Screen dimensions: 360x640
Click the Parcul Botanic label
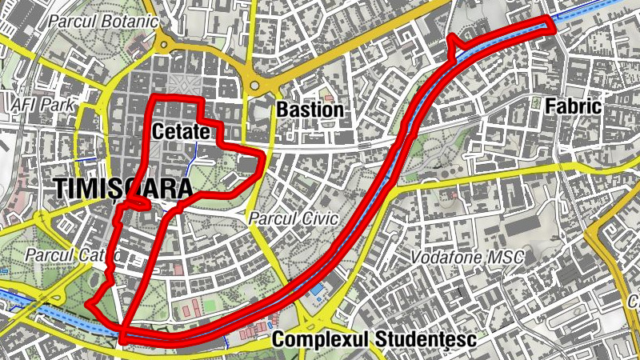point(102,22)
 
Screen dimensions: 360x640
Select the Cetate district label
point(180,131)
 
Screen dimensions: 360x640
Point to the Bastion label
point(310,110)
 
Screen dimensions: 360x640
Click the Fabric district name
point(571,106)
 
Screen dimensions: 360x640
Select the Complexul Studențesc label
point(374,341)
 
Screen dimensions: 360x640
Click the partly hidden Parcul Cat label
point(72,255)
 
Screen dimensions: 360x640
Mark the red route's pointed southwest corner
point(90,305)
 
